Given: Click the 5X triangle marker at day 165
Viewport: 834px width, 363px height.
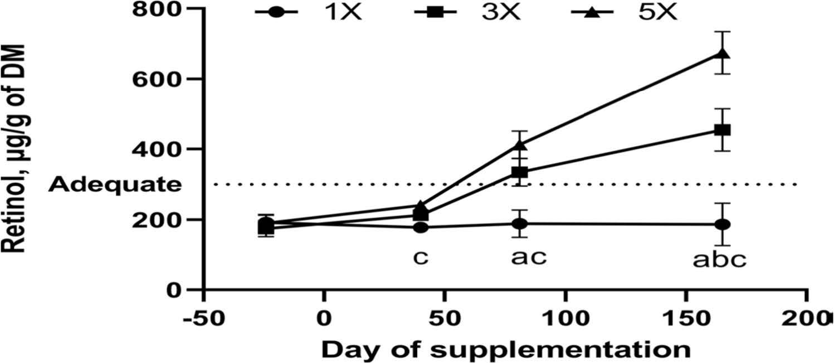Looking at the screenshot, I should pyautogui.click(x=723, y=53).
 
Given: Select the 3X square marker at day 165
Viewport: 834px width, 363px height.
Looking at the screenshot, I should pyautogui.click(x=723, y=130).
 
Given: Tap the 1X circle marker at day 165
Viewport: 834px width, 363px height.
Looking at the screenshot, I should pyautogui.click(x=723, y=224).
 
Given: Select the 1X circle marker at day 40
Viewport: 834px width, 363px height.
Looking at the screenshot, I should pyautogui.click(x=421, y=227).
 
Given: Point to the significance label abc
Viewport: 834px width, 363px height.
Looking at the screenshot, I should pyautogui.click(x=720, y=260).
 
